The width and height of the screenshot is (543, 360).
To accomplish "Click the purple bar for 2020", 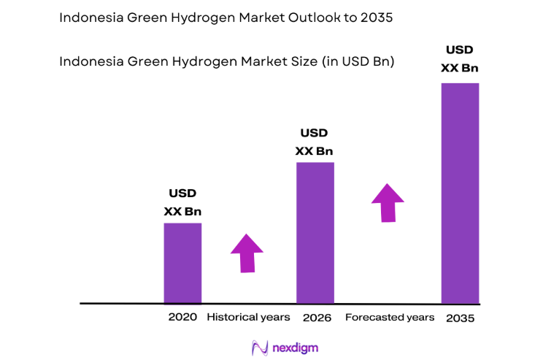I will click(x=182, y=263).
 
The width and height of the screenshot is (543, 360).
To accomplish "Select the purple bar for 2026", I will click(x=315, y=232).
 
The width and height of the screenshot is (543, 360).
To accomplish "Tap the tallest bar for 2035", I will click(x=460, y=193).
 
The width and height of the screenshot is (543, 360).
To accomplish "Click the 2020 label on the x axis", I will click(x=182, y=318).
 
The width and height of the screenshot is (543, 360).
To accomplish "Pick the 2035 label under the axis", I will click(x=461, y=318).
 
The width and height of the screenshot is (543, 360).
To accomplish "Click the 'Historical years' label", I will click(x=248, y=318).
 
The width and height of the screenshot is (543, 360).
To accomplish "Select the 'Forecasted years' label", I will click(x=390, y=318).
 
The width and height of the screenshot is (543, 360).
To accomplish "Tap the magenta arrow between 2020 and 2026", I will click(x=247, y=253).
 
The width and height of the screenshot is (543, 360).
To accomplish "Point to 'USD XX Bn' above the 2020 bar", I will click(x=182, y=203).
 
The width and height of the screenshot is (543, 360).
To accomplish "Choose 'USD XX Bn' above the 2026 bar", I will click(x=315, y=142).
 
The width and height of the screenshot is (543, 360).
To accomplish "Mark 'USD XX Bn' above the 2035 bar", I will click(x=460, y=58).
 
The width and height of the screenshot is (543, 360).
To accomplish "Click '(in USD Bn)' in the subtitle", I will click(x=358, y=62).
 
